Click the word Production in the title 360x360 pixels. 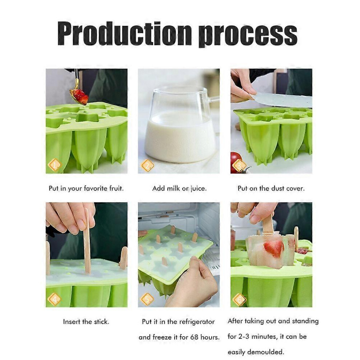[124, 33]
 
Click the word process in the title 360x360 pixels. [248, 35]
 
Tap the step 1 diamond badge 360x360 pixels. [55, 165]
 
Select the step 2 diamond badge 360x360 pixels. [147, 165]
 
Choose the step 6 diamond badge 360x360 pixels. [240, 299]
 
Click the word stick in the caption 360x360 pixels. [101, 322]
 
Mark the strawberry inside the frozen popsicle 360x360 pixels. [273, 248]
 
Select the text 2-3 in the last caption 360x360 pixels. [244, 337]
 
